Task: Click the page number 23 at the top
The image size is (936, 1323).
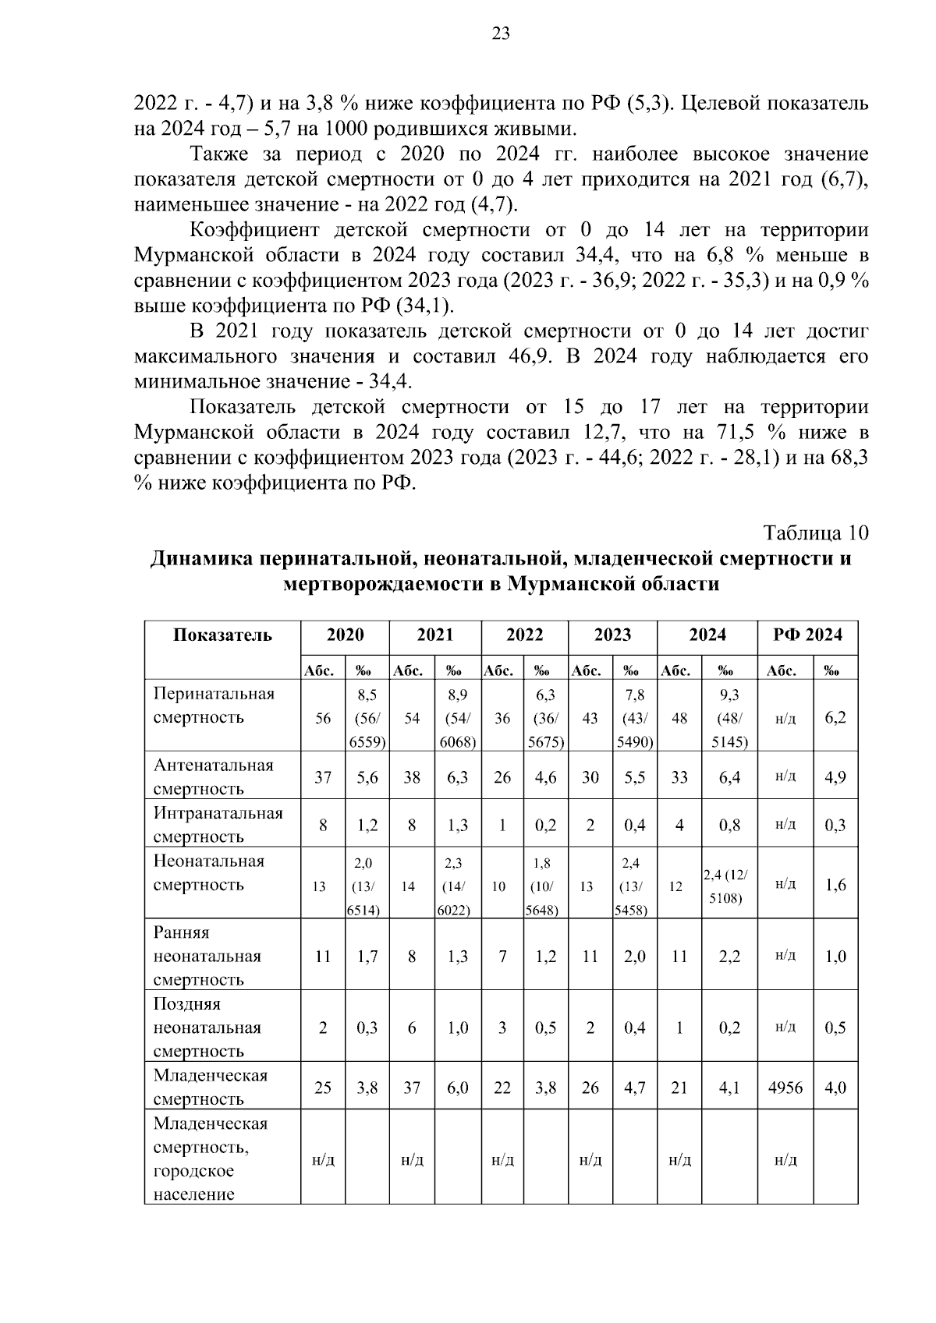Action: (x=501, y=33)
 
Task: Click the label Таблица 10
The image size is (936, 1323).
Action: (x=815, y=533)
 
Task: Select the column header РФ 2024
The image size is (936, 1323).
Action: (x=807, y=635)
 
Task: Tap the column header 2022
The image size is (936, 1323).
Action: (x=524, y=635)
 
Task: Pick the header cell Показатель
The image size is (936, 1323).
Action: (x=222, y=635)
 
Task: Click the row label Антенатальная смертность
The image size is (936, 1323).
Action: (x=214, y=776)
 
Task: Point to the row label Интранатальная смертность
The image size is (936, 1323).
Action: (x=218, y=824)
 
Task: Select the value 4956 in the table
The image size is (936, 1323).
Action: (x=785, y=1088)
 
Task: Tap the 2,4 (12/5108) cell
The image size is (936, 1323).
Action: (x=729, y=886)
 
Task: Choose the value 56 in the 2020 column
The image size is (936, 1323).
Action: (x=323, y=718)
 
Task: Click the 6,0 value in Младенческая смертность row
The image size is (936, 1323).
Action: (x=457, y=1088)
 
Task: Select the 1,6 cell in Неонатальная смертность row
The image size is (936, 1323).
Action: (x=835, y=885)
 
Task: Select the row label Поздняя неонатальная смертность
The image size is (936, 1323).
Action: (x=208, y=1028)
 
